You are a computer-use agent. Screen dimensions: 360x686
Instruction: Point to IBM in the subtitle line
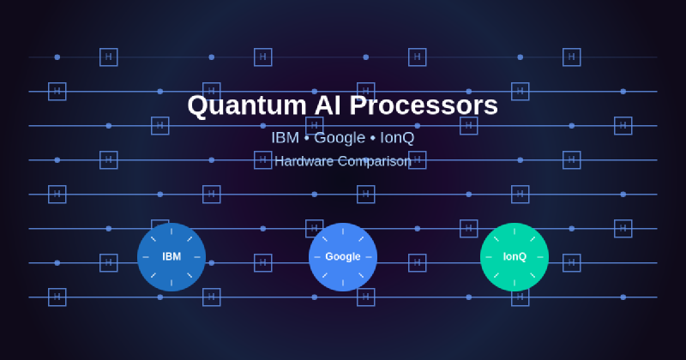point(285,137)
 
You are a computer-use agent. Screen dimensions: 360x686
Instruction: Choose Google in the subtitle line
point(340,137)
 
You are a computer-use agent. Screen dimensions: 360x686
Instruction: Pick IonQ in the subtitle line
point(397,137)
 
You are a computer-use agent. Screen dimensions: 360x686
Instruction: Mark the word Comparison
point(377,161)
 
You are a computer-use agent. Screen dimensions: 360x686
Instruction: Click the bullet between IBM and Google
point(307,138)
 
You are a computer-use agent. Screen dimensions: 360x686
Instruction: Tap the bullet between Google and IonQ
point(372,138)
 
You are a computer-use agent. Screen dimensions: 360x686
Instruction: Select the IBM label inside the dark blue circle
point(171,257)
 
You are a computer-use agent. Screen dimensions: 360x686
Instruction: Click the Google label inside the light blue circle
point(343,257)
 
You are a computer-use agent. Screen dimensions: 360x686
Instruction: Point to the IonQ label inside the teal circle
point(514,257)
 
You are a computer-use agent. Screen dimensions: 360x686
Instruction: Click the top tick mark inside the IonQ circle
point(514,231)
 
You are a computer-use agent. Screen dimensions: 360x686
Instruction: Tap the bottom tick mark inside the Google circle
point(343,283)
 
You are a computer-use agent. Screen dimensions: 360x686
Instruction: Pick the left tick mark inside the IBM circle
point(146,257)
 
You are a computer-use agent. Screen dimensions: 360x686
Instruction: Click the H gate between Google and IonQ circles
point(418,263)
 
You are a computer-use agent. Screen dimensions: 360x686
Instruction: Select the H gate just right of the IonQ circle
point(572,263)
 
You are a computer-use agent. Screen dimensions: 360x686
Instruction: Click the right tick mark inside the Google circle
point(369,257)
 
